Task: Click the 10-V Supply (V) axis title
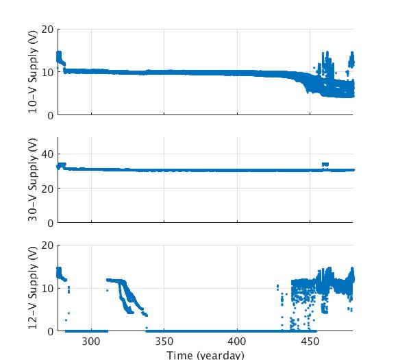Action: click(33, 72)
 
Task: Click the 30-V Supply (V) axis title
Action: click(33, 180)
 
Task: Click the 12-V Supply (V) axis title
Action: click(33, 288)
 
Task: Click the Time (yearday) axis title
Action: click(206, 355)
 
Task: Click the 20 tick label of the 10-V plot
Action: click(47, 29)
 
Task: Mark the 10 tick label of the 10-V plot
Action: click(47, 72)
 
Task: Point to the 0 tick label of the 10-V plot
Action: click(50, 115)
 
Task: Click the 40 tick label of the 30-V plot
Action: click(47, 154)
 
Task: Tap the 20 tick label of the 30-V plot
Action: click(47, 189)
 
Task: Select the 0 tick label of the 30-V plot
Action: click(50, 223)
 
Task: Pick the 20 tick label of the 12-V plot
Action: click(47, 245)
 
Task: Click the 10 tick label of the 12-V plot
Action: click(47, 288)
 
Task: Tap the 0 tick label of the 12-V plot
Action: click(50, 331)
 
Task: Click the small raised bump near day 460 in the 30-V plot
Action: click(325, 165)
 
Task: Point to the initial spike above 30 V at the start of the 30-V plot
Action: click(61, 165)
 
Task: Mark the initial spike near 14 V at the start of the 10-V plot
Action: click(59, 56)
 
